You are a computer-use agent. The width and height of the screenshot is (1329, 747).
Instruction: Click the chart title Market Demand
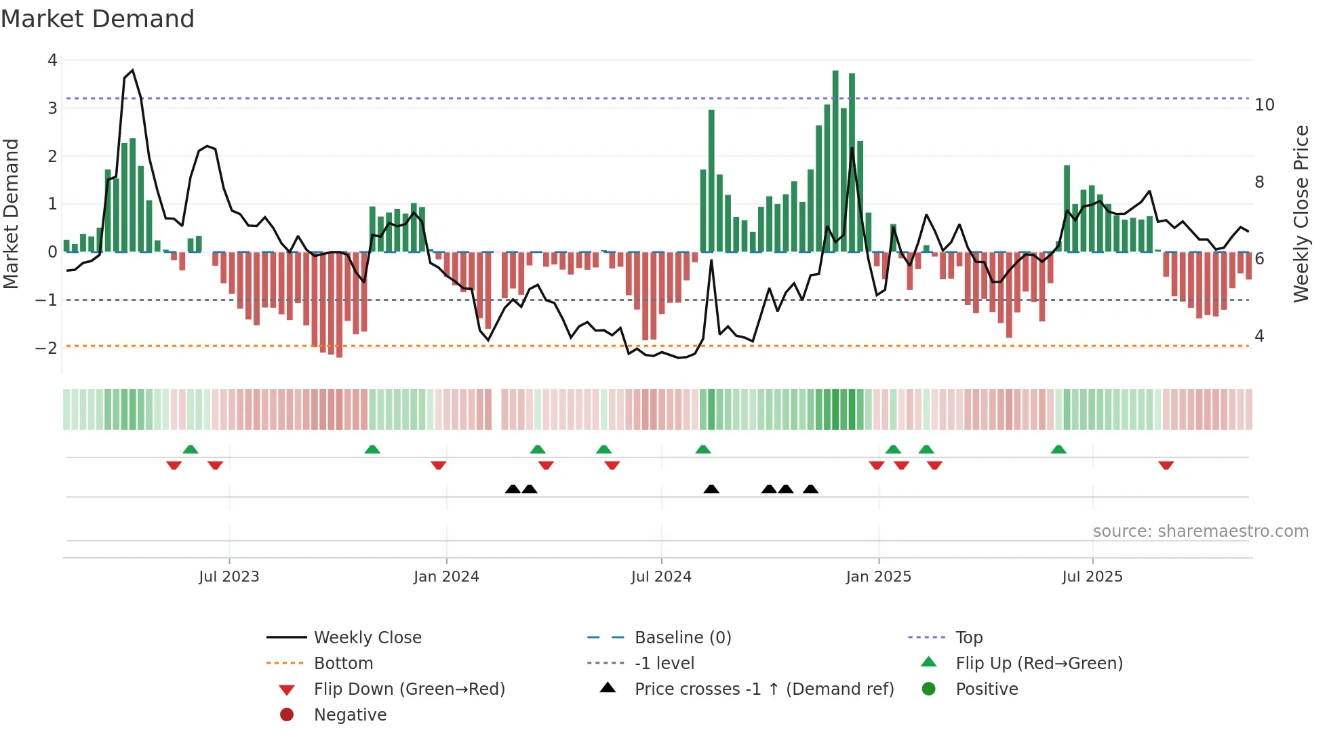pyautogui.click(x=98, y=18)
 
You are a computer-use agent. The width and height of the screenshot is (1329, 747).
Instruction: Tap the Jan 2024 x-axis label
pyautogui.click(x=446, y=576)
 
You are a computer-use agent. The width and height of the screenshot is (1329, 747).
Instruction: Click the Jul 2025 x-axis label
pyautogui.click(x=1092, y=576)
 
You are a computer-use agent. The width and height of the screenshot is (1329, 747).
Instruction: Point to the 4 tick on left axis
pyautogui.click(x=52, y=60)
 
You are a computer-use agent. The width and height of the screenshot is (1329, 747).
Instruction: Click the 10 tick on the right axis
pyautogui.click(x=1264, y=105)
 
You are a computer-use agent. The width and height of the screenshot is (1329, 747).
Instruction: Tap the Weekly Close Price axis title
pyautogui.click(x=1301, y=214)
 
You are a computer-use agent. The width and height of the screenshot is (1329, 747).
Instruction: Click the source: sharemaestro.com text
pyautogui.click(x=1200, y=531)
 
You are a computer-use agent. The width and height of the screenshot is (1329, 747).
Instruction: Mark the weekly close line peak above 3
pyautogui.click(x=132, y=70)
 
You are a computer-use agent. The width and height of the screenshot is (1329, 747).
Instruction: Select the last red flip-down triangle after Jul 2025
pyautogui.click(x=1166, y=466)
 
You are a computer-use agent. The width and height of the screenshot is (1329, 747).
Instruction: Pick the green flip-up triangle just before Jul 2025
pyautogui.click(x=1058, y=449)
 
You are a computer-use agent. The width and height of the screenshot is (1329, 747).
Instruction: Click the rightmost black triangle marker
pyautogui.click(x=810, y=489)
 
